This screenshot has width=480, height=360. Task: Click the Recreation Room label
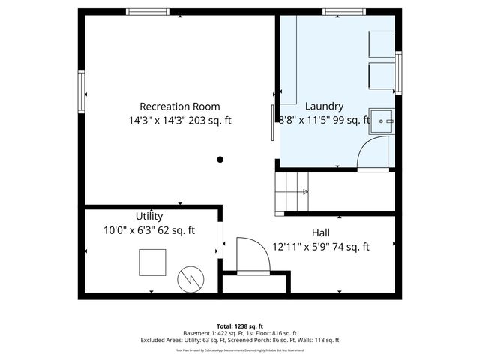(180, 106)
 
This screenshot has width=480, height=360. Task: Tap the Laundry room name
(324, 106)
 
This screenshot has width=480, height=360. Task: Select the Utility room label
(148, 217)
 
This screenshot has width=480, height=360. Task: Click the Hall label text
(320, 232)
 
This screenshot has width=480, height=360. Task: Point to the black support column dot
(220, 159)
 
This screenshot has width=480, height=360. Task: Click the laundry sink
(385, 121)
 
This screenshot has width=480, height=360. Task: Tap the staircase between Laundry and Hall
(292, 191)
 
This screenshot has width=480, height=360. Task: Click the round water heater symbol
(190, 279)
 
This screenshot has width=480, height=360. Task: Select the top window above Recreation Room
(146, 12)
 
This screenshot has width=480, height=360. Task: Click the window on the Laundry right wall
(398, 73)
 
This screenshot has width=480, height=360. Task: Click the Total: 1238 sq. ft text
(239, 326)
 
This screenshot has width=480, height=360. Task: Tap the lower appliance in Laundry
(381, 75)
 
